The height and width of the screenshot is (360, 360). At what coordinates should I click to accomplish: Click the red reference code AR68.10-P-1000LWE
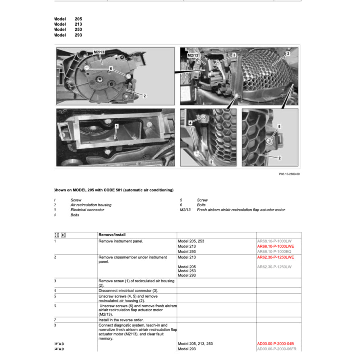276,246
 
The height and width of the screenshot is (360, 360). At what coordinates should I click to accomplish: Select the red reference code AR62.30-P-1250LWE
276,257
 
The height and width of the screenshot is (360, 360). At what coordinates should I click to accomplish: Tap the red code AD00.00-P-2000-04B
276,344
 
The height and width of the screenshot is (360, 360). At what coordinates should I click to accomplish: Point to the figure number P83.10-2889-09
289,174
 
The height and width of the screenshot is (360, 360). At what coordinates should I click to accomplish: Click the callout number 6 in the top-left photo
110,69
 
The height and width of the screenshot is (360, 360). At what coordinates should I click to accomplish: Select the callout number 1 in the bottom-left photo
116,126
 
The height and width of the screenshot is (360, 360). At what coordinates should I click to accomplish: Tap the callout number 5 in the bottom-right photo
280,126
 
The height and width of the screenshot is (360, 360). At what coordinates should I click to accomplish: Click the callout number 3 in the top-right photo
234,55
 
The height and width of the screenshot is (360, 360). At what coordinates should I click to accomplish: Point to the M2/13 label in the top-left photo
99,52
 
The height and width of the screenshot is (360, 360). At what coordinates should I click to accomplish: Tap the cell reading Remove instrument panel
120,241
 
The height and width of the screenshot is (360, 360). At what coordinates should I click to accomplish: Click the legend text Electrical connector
87,210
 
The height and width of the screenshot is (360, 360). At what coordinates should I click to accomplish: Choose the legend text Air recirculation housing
91,205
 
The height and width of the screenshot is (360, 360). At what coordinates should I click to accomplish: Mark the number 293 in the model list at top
78,35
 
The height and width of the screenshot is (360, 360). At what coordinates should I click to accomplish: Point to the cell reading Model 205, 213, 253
195,344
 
